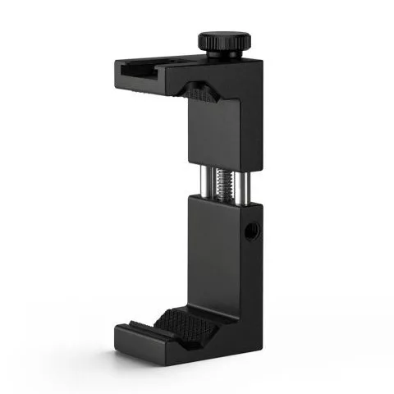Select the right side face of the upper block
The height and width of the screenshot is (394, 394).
coord(251,119)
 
